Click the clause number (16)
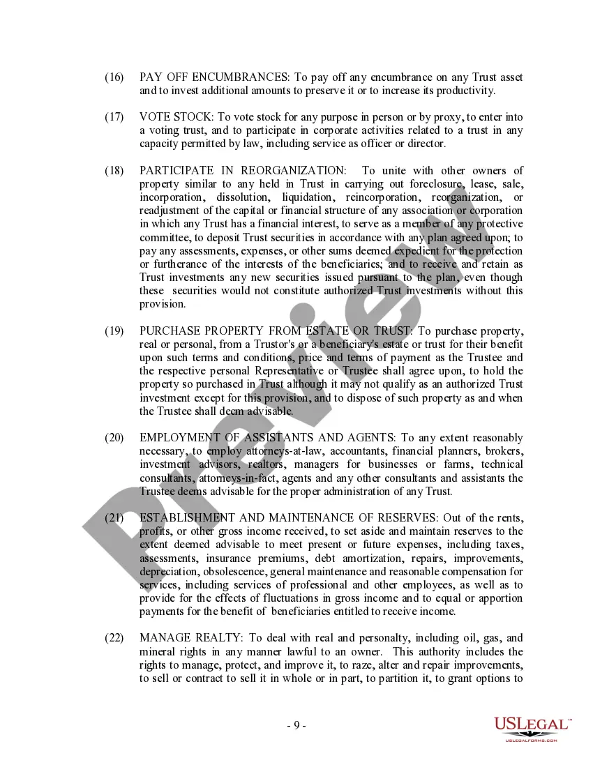pyautogui.click(x=114, y=77)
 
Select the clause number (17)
pyautogui.click(x=114, y=117)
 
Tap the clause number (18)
pyautogui.click(x=114, y=171)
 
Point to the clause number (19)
pyautogui.click(x=114, y=331)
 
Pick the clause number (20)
pyautogui.click(x=114, y=438)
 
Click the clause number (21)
pyautogui.click(x=114, y=518)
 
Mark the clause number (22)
pyautogui.click(x=114, y=639)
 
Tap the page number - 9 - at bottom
pyautogui.click(x=296, y=725)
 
